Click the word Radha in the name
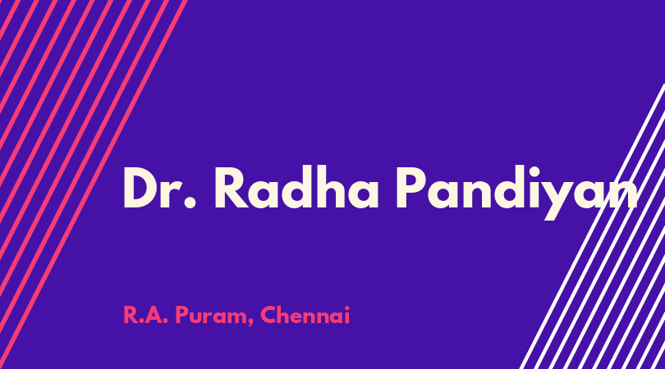pyautogui.click(x=296, y=187)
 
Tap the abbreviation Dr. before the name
pyautogui.click(x=160, y=188)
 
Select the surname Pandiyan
pyautogui.click(x=516, y=193)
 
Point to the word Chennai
pyautogui.click(x=305, y=315)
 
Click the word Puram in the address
pyautogui.click(x=210, y=317)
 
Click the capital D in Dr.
pyautogui.click(x=140, y=188)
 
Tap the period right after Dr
pyautogui.click(x=190, y=203)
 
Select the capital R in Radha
pyautogui.click(x=232, y=188)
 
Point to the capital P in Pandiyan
pyautogui.click(x=410, y=188)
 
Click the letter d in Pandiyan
pyautogui.click(x=501, y=187)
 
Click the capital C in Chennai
pyautogui.click(x=269, y=315)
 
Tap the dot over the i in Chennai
pyautogui.click(x=347, y=308)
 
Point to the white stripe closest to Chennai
pyautogui.click(x=593, y=225)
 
